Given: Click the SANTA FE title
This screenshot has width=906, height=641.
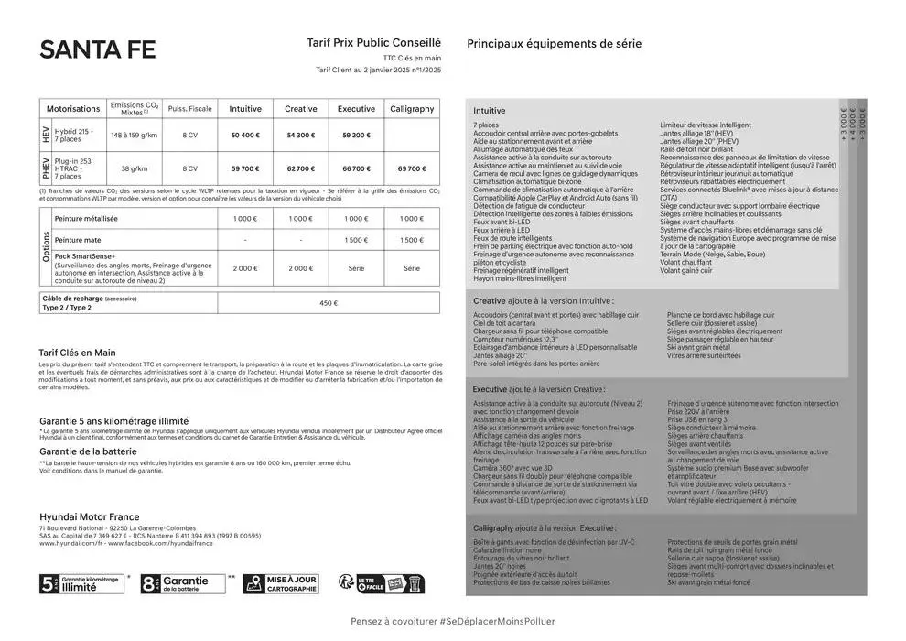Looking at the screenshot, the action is pyautogui.click(x=97, y=50).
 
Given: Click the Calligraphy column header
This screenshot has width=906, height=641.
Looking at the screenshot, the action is pyautogui.click(x=412, y=109).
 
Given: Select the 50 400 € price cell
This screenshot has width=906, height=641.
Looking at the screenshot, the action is pyautogui.click(x=245, y=135).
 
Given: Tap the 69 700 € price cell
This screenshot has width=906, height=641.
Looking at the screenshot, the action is pyautogui.click(x=412, y=168).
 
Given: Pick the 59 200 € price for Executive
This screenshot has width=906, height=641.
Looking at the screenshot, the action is pyautogui.click(x=356, y=135).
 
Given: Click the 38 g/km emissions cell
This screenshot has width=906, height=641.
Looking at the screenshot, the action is pyautogui.click(x=135, y=168).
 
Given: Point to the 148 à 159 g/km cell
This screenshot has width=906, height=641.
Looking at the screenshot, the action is pyautogui.click(x=135, y=135).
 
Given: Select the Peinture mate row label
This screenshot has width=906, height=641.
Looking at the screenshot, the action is pyautogui.click(x=81, y=240).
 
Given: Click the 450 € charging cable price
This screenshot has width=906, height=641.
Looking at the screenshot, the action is pyautogui.click(x=329, y=303).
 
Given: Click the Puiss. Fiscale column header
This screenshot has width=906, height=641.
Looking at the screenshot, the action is pyautogui.click(x=189, y=109).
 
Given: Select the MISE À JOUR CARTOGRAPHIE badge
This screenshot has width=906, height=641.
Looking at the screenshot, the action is pyautogui.click(x=280, y=583).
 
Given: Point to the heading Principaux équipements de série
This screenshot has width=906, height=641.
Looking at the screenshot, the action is pyautogui.click(x=554, y=44).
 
